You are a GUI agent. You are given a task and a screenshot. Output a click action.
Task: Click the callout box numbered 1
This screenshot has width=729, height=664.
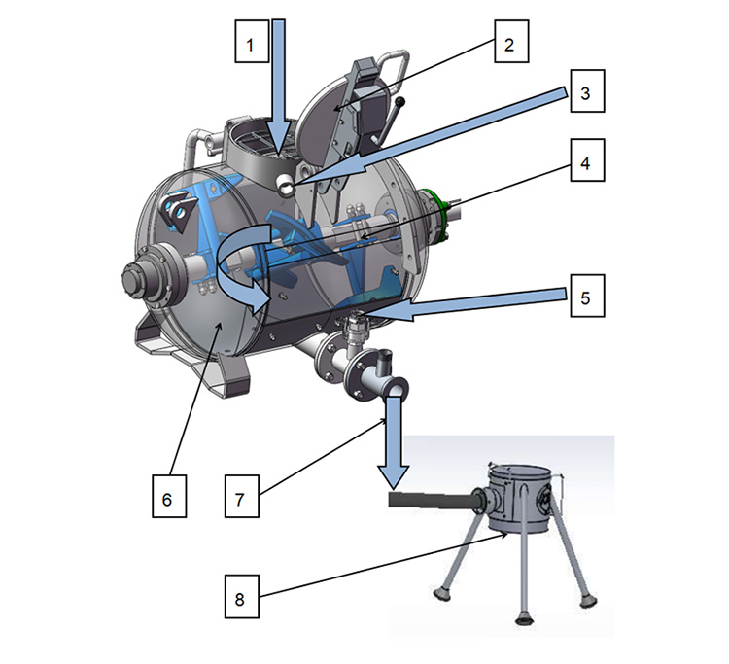251,45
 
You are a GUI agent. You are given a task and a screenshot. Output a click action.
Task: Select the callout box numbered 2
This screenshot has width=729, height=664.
510,45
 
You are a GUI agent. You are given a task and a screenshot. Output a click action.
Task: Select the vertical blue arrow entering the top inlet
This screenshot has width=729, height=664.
279,78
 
